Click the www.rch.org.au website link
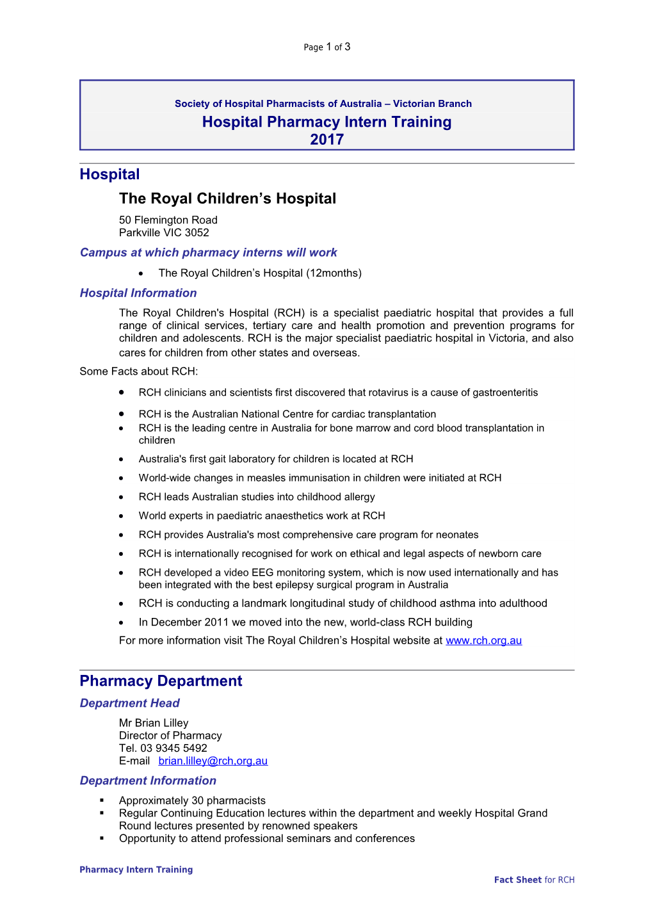(x=483, y=640)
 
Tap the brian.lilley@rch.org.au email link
(x=213, y=761)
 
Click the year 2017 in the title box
(x=326, y=140)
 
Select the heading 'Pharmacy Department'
(x=161, y=681)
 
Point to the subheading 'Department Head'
(x=129, y=703)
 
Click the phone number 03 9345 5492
(x=173, y=748)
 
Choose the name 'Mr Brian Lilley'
(x=154, y=723)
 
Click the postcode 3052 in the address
(x=197, y=232)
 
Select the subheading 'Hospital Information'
(x=138, y=293)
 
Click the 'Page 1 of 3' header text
(x=326, y=47)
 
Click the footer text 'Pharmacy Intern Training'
(x=136, y=870)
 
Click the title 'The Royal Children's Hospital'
(x=227, y=199)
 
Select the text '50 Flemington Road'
(x=168, y=220)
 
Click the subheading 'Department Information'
(x=148, y=781)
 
